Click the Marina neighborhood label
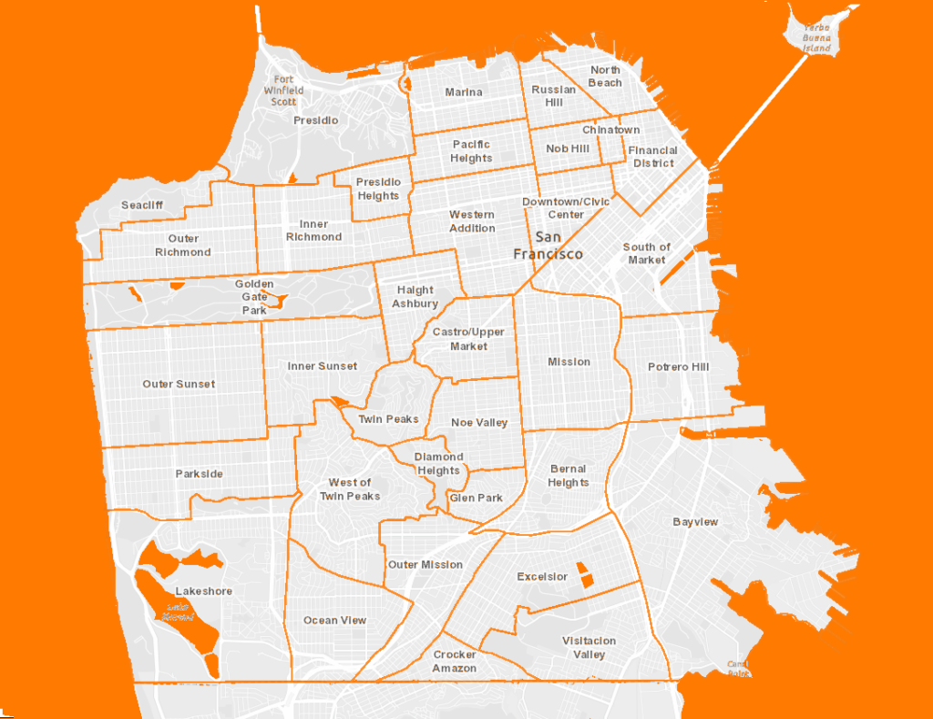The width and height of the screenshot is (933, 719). [x=464, y=92]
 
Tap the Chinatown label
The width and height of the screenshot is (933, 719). [x=610, y=129]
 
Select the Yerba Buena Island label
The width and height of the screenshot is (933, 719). [x=817, y=37]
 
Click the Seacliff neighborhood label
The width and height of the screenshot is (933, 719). [x=142, y=205]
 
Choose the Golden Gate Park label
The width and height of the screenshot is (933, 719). [x=253, y=297]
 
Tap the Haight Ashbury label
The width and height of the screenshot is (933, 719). [x=415, y=297]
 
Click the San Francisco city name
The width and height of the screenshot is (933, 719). [x=548, y=245]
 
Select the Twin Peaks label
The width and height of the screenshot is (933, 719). [x=388, y=419]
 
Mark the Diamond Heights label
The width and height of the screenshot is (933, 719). [x=439, y=464]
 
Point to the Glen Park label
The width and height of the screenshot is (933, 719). [x=476, y=498]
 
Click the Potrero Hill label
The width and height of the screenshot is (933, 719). [x=677, y=367]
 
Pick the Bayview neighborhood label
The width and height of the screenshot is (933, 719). [x=695, y=522]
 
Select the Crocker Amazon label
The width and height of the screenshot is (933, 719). [x=455, y=662]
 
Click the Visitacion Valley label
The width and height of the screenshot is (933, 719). [x=589, y=647]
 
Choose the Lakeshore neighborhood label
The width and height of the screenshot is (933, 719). [x=203, y=591]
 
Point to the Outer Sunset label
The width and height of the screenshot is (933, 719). [x=179, y=384]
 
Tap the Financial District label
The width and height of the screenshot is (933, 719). [x=653, y=157]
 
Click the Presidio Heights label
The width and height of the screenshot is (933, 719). [x=378, y=189]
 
